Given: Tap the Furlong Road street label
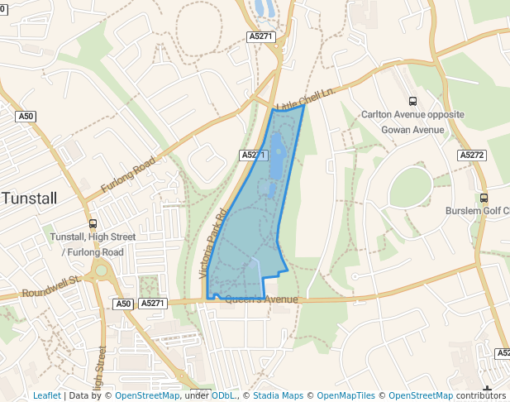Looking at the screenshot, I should click(128, 175).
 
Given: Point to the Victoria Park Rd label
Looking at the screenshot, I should click(213, 242).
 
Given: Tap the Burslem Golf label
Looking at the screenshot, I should click(477, 210).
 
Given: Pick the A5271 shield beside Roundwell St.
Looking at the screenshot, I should click(153, 304).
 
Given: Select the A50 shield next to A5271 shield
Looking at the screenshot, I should click(123, 304).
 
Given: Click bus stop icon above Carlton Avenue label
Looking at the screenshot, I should click(412, 101).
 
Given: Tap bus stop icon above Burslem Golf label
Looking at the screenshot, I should click(484, 198).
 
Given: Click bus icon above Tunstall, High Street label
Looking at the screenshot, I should click(93, 223).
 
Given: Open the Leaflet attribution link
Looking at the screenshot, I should click(46, 395).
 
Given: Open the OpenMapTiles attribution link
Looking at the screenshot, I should click(354, 395).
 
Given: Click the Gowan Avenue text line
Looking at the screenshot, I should click(412, 130).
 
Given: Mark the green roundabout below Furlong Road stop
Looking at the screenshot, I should click(101, 270).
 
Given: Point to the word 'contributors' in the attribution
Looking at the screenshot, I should click(481, 395).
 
